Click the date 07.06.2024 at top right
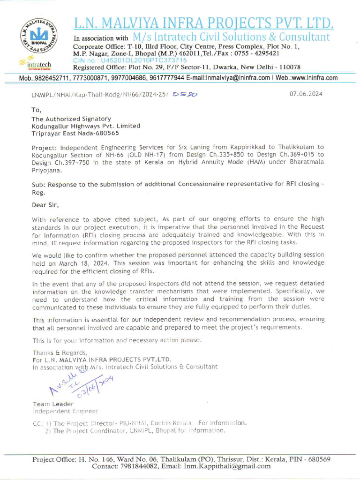pos(306,94)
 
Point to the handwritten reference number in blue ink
pos(185,94)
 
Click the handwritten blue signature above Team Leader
pos(80,382)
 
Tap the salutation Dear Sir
pos(45,204)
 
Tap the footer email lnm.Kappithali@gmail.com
pos(228,466)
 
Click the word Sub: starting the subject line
pos(39,184)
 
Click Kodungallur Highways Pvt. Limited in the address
pos(86,126)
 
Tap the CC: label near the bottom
pos(37,423)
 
